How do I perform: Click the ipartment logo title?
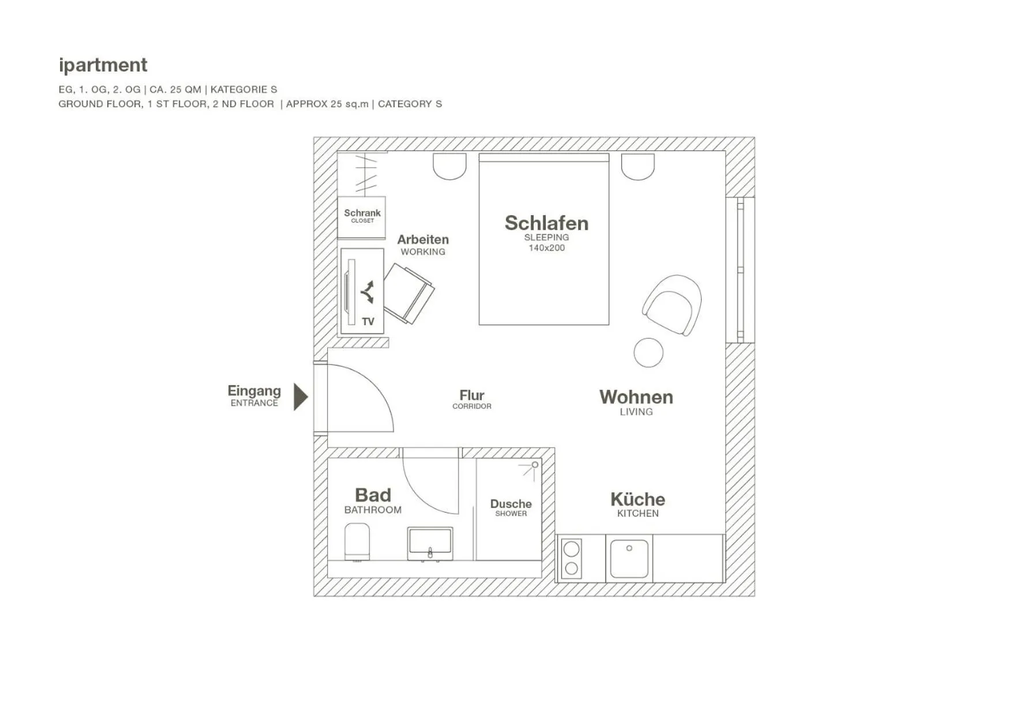point(103,65)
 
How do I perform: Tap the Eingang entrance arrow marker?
point(300,396)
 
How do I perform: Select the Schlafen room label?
point(546,223)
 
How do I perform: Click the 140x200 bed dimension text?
point(546,248)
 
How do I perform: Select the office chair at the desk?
point(408,293)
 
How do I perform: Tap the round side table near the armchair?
point(648,352)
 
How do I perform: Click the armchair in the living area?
point(673,304)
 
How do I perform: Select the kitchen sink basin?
point(629,558)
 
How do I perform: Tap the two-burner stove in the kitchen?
point(571,558)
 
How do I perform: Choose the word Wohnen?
point(636,397)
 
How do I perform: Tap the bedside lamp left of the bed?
point(449,166)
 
